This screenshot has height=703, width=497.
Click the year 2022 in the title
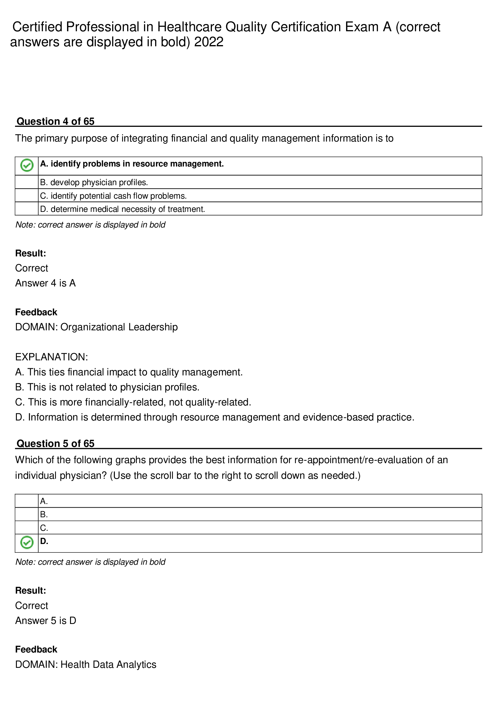(209, 42)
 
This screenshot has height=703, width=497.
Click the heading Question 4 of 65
(55, 121)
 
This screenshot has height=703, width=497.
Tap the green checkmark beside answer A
(27, 166)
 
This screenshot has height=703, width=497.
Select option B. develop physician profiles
(94, 182)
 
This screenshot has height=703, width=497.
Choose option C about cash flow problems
(113, 196)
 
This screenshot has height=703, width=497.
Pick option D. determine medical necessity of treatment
(122, 209)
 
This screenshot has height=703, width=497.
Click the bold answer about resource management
(132, 164)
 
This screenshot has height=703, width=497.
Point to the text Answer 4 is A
(45, 283)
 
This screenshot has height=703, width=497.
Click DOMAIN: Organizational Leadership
(97, 327)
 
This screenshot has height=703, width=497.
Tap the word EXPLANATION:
(51, 357)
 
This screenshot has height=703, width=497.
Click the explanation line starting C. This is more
(133, 402)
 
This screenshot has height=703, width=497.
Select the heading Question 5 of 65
(55, 443)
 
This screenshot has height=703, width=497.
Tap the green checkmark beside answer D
(27, 543)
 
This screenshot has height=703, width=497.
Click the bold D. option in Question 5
(44, 541)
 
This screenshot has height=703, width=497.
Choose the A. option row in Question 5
(44, 501)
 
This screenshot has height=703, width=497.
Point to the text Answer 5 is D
(46, 620)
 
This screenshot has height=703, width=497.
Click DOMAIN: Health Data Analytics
(86, 665)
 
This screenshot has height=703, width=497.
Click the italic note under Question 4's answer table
(90, 225)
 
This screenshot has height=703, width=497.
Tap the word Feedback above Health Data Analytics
(36, 650)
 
